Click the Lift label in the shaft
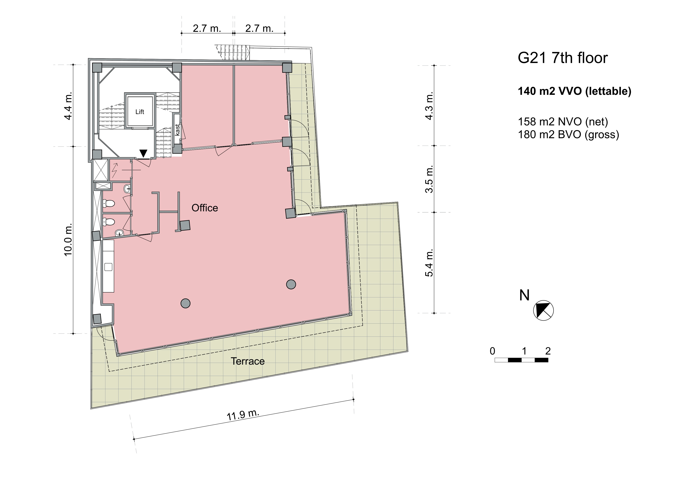pyautogui.click(x=140, y=112)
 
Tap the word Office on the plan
pyautogui.click(x=205, y=208)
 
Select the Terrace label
pyautogui.click(x=248, y=361)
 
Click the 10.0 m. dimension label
pyautogui.click(x=68, y=239)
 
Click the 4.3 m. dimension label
pyautogui.click(x=429, y=106)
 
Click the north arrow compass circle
pyautogui.click(x=543, y=310)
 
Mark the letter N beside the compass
pyautogui.click(x=524, y=295)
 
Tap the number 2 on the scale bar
pyautogui.click(x=548, y=351)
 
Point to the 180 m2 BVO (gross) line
pyautogui.click(x=568, y=134)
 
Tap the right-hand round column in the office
pyautogui.click(x=291, y=284)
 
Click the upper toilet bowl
pyautogui.click(x=109, y=203)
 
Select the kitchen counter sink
pyautogui.click(x=108, y=267)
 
